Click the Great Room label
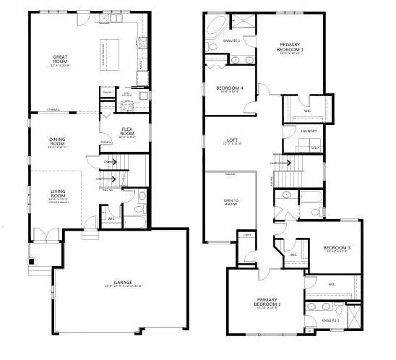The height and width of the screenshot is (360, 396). tap(60, 58)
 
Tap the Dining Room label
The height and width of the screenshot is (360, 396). tap(58, 142)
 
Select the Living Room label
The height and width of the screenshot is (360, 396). tap(58, 193)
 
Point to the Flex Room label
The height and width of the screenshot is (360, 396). tap(128, 133)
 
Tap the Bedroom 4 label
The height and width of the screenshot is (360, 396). tap(229, 89)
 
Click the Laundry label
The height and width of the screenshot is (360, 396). tap(309, 131)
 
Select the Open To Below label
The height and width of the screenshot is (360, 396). tap(231, 202)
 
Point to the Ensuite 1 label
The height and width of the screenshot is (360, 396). tap(231, 40)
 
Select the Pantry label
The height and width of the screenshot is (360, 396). tap(106, 92)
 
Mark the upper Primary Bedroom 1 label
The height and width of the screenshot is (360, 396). tap(292, 48)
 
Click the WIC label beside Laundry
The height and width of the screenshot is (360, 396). tap(307, 111)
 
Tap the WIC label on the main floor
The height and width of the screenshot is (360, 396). tap(112, 218)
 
